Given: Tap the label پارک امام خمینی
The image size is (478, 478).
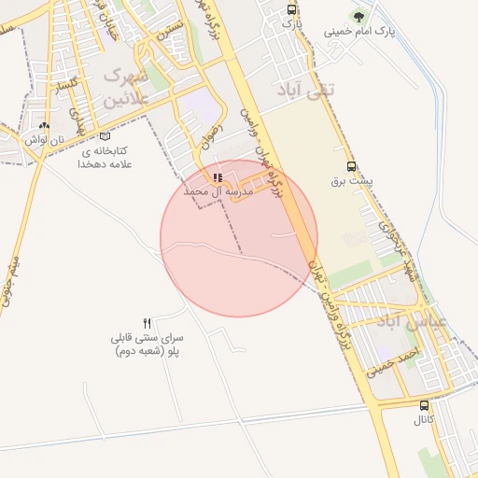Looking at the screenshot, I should [360, 31].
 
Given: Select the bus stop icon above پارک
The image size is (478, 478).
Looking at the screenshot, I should [293, 9].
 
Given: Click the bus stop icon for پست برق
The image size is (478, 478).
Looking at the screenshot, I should [351, 165].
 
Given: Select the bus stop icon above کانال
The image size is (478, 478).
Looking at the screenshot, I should [425, 406].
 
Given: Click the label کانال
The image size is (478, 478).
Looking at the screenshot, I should [425, 420].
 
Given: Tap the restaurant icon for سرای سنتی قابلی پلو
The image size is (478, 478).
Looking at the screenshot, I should [147, 322].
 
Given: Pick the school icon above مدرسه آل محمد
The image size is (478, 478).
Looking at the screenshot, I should [218, 176].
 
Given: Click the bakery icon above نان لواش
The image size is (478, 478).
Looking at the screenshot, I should [43, 125].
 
